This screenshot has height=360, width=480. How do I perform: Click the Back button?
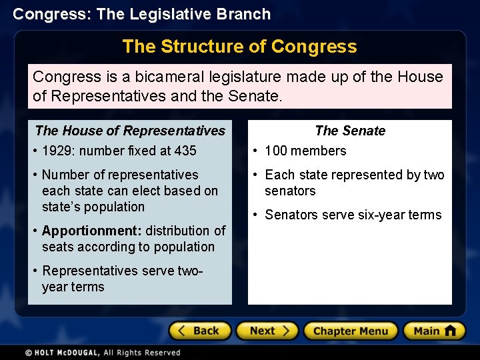coord(199,331)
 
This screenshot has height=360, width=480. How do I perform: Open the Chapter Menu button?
coord(351,331)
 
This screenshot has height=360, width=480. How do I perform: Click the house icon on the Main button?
coord(450,330)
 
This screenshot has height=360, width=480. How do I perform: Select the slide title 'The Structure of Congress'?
coord(239,47)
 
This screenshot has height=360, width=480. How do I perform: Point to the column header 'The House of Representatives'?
coord(130,131)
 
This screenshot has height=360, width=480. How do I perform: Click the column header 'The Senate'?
coord(350,131)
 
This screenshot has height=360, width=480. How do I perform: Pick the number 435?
coord(184,151)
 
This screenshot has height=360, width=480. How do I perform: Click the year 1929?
coord(57,151)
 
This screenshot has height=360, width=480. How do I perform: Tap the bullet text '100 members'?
coord(305,151)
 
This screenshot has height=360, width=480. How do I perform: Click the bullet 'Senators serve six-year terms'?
coord(353,215)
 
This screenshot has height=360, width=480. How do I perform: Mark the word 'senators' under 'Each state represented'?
coord(290,191)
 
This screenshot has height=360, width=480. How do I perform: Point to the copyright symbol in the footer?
coord(29,353)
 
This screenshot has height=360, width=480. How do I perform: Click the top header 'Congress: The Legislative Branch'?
coord(142,14)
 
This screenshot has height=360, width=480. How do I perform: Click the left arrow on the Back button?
coord(181,331)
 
